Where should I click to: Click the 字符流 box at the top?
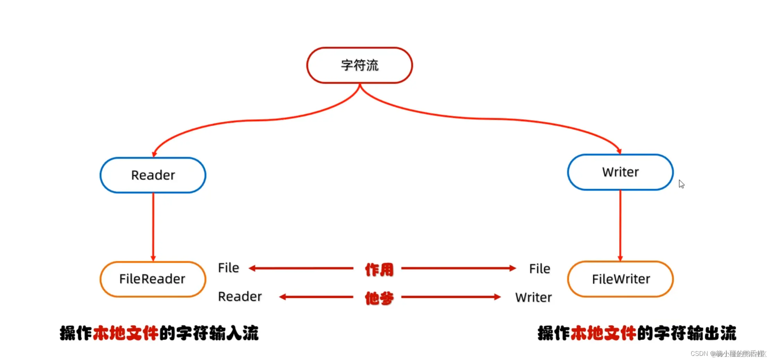(360, 65)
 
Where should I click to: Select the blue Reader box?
(153, 175)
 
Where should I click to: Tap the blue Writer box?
(620, 172)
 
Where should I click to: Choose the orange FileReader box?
(153, 279)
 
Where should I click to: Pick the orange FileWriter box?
(620, 279)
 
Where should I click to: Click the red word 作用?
(379, 269)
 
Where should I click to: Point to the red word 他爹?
(379, 298)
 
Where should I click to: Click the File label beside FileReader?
(228, 268)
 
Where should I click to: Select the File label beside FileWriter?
(539, 269)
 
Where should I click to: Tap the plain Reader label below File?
(240, 297)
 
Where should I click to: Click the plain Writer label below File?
(533, 298)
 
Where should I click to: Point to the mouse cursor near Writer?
(681, 183)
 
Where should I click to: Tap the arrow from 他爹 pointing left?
(316, 297)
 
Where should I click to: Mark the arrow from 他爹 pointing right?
(451, 297)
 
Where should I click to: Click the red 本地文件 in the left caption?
(126, 333)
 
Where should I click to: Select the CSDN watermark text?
(728, 353)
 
